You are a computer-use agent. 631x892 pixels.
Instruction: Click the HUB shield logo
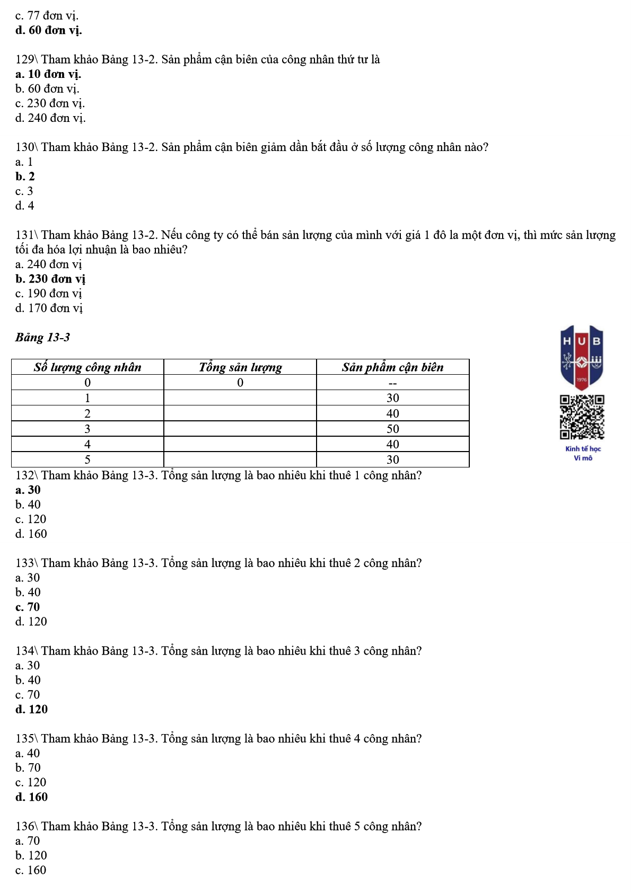point(582,357)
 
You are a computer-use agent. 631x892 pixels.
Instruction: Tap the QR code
point(582,417)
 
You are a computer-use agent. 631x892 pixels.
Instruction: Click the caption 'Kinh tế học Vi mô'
point(583,453)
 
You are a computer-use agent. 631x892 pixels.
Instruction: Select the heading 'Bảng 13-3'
point(42,338)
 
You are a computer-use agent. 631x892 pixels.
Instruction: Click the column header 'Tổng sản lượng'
point(240,367)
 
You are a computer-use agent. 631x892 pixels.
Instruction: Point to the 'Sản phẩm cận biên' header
point(392,367)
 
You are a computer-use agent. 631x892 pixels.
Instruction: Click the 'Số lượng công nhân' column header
point(87,367)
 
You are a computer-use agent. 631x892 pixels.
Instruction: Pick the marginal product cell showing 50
point(392,429)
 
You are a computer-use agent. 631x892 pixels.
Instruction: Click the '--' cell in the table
point(392,383)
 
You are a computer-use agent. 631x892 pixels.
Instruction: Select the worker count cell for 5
point(87,460)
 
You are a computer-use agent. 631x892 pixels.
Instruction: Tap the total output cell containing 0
point(240,383)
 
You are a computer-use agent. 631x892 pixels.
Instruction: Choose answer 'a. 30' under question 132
point(28,490)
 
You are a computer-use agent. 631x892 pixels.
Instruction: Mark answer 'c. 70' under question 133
point(28,607)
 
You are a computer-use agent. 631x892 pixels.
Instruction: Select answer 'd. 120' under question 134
point(31,710)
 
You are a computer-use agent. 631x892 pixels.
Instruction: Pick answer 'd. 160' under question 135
point(31,797)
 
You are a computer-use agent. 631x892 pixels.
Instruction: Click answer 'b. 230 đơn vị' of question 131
point(50,279)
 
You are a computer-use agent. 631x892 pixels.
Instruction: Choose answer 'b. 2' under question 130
point(25,176)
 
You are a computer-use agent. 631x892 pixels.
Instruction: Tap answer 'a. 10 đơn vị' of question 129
point(48,74)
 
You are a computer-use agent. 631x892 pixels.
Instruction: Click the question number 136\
point(27,826)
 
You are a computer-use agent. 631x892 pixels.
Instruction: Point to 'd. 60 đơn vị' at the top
point(49,30)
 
